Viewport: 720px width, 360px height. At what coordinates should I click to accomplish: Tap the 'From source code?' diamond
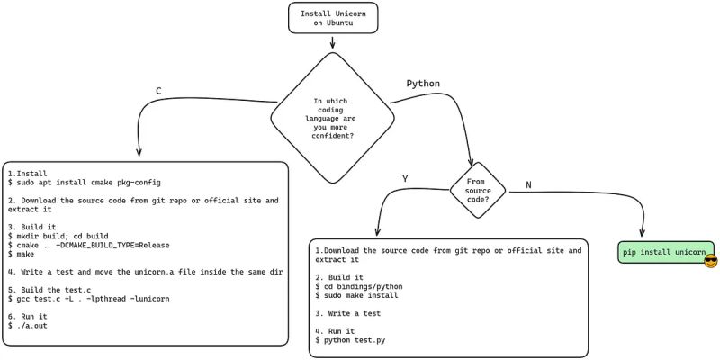pyautogui.click(x=478, y=188)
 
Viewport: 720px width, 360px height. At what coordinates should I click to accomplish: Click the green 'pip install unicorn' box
pyautogui.click(x=665, y=252)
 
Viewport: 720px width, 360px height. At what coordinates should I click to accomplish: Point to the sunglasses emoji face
pyautogui.click(x=710, y=262)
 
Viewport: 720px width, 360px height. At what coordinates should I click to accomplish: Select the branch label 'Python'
pyautogui.click(x=423, y=84)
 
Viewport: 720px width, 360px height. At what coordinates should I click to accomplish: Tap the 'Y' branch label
pyautogui.click(x=405, y=179)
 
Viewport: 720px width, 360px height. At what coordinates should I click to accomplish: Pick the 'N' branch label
pyautogui.click(x=528, y=184)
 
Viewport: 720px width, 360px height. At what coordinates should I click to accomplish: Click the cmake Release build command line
pyautogui.click(x=88, y=245)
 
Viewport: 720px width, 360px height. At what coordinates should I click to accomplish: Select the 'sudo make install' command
pyautogui.click(x=361, y=295)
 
